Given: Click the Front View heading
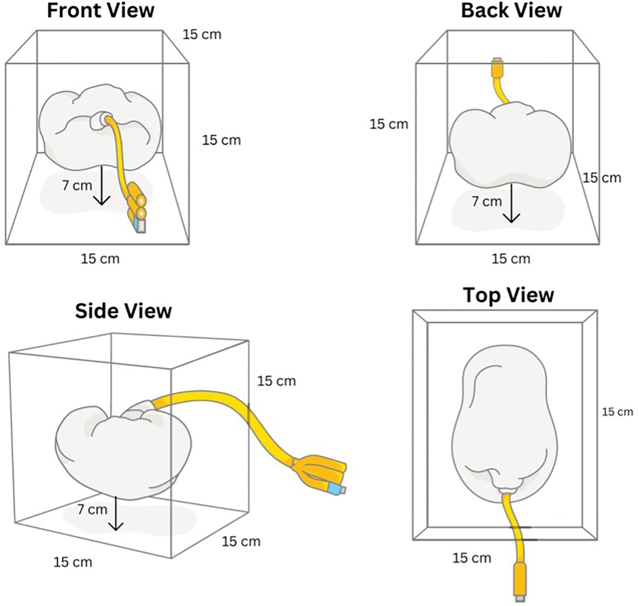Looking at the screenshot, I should (x=100, y=10).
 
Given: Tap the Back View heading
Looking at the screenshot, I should (x=511, y=10).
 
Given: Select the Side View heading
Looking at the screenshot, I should (x=123, y=311).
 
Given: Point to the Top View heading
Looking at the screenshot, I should (x=508, y=295).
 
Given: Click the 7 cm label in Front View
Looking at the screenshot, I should (x=77, y=185).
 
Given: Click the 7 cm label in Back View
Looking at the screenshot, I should (x=487, y=201).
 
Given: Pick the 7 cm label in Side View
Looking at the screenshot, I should (x=92, y=509).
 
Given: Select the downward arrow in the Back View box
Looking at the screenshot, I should (x=511, y=203).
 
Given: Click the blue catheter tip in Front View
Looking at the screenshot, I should (x=140, y=224).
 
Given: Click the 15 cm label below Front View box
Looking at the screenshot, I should (x=100, y=259).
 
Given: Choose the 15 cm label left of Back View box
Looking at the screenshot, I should (x=388, y=124).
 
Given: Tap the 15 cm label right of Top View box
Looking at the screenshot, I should (x=617, y=412).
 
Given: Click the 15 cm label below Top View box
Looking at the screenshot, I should (x=471, y=558).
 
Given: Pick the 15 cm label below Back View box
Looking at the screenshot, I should (x=510, y=259).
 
